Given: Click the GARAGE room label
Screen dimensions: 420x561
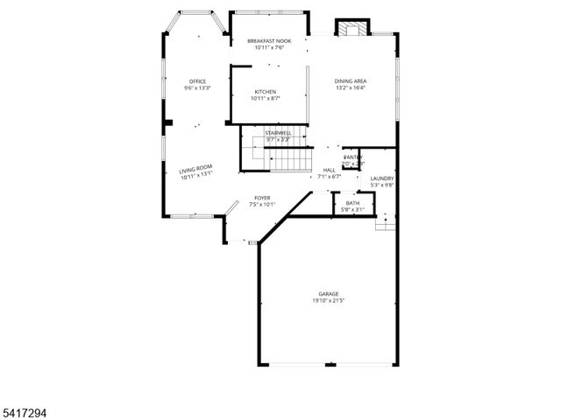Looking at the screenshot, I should click(328, 294).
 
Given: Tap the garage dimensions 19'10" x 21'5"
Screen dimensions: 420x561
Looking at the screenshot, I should click(328, 301).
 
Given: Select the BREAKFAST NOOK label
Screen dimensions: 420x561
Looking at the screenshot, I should click(268, 41).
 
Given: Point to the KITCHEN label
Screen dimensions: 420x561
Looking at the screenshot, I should click(266, 92).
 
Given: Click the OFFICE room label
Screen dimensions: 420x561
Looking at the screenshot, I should click(197, 81).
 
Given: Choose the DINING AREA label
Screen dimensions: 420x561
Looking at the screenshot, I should click(350, 81).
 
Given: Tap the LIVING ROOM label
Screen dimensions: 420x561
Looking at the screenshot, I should click(196, 171).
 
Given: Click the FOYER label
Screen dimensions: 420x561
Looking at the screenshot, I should click(262, 198).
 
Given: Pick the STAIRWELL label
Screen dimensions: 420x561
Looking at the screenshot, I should click(278, 133).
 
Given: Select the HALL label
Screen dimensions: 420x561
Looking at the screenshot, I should click(329, 170).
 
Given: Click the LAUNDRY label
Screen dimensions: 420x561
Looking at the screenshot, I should click(382, 178).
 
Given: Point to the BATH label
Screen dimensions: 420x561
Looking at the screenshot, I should click(352, 203).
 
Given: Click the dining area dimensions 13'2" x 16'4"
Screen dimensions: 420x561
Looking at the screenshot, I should click(350, 87).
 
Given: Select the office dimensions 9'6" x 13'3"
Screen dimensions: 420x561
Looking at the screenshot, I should click(197, 87).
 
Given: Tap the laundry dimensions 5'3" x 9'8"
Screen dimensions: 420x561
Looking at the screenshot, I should click(382, 185).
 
